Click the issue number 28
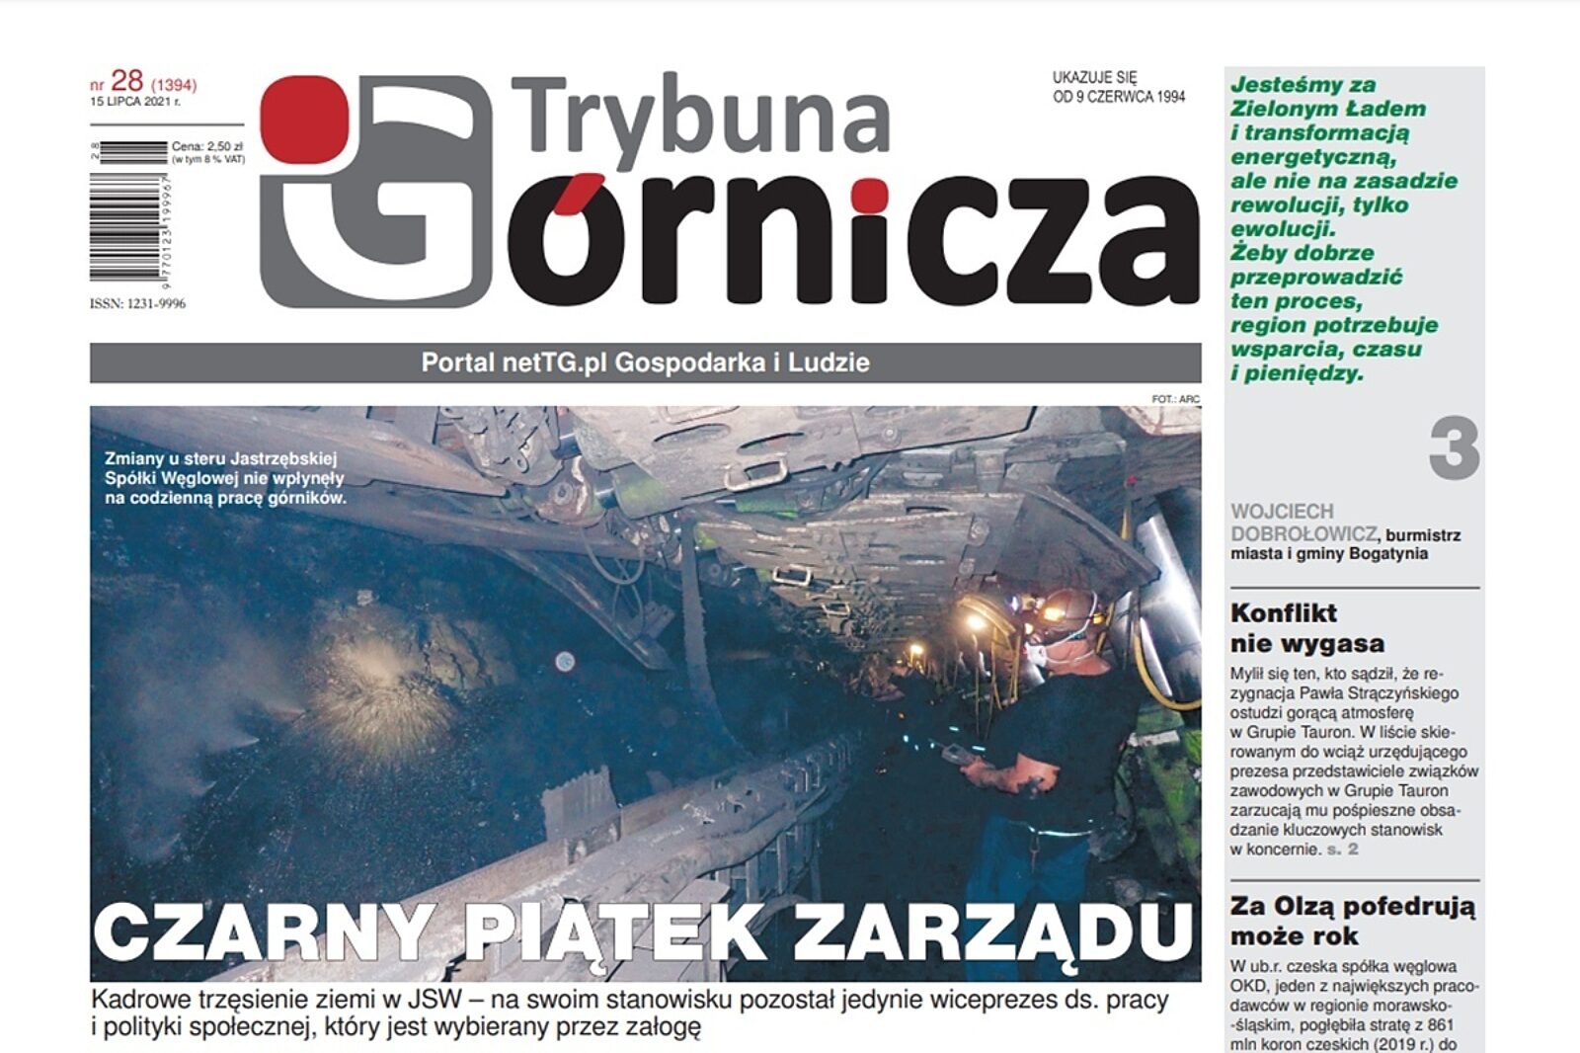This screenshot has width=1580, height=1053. (126, 81)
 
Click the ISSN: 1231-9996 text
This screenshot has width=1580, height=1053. (137, 303)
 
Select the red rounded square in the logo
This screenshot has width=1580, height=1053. (304, 119)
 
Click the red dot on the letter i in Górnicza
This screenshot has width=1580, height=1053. (869, 196)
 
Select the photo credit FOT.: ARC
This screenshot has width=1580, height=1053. (1175, 399)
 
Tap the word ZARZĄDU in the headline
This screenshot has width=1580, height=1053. (992, 931)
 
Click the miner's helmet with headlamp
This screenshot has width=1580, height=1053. (1065, 608)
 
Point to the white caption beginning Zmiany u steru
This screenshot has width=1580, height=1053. (225, 478)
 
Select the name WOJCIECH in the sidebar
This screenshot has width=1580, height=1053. (1282, 512)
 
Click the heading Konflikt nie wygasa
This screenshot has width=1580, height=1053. (1306, 628)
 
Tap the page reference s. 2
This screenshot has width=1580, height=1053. (1342, 849)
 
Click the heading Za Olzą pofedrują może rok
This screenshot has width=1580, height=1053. (1352, 921)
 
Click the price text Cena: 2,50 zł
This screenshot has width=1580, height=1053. (207, 146)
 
